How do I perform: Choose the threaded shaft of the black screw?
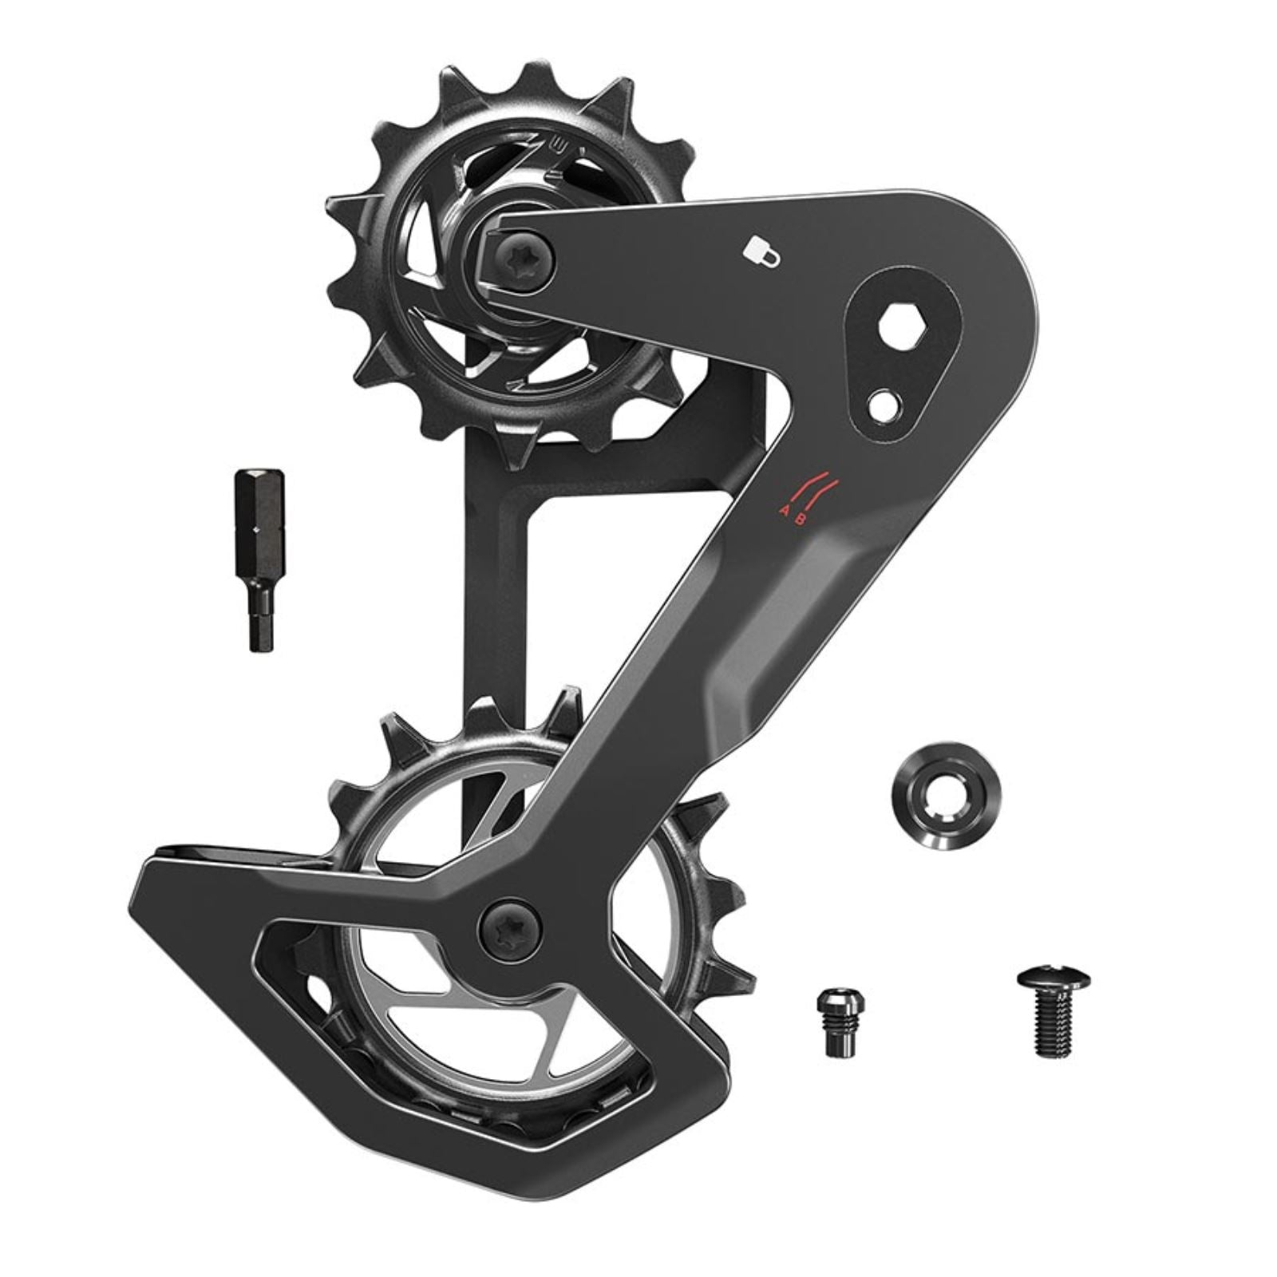pyautogui.click(x=1042, y=1030)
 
